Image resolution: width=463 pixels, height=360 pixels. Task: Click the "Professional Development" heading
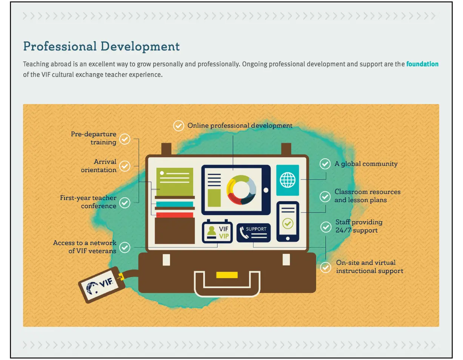(102, 46)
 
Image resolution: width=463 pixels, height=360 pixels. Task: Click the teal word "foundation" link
(422, 64)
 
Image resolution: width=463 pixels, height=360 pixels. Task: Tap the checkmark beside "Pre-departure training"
(125, 139)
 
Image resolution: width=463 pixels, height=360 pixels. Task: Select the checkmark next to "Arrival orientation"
(125, 166)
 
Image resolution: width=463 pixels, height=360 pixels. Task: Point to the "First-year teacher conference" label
(88, 202)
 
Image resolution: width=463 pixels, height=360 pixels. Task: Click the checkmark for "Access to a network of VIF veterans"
(125, 247)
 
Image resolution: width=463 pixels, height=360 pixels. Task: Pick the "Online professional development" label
(240, 126)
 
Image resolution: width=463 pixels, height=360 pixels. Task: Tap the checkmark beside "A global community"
(325, 164)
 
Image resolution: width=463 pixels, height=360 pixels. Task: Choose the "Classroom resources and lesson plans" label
(367, 196)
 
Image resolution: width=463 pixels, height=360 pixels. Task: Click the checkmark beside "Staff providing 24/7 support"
(326, 227)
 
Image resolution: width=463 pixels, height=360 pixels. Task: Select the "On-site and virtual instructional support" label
(369, 267)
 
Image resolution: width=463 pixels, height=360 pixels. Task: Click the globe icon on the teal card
(288, 180)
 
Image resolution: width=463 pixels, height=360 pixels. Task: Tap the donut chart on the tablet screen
(241, 190)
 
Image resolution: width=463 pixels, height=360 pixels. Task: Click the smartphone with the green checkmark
(288, 221)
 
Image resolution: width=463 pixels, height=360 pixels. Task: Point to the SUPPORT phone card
(254, 233)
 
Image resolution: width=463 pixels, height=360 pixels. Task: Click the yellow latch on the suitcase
(227, 275)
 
